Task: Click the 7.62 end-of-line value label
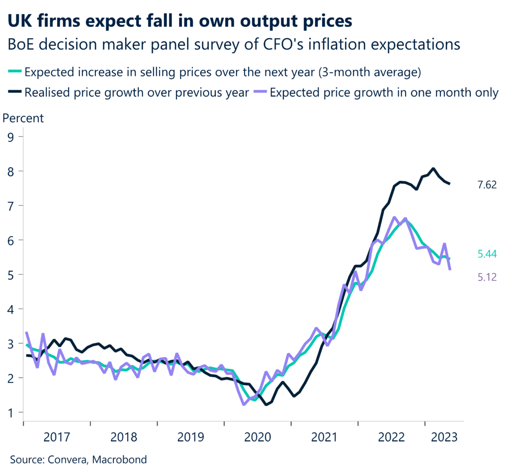click(487, 185)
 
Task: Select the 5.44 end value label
click(487, 254)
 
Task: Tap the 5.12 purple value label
click(487, 277)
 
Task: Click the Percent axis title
click(23, 118)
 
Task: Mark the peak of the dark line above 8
click(433, 168)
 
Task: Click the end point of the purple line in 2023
click(450, 269)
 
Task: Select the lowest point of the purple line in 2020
click(244, 404)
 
